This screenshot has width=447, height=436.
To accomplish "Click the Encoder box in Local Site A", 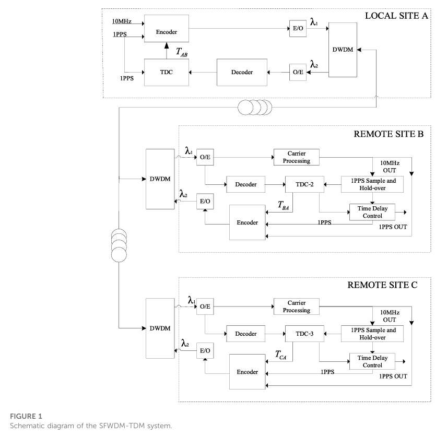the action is pos(167,29).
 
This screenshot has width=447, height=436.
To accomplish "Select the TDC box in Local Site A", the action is pos(167,73).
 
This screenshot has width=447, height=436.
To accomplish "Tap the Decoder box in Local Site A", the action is pos(242,73).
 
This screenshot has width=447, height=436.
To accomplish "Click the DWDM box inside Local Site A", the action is pos(343,50).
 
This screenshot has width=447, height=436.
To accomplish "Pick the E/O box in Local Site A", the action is pos(298,29).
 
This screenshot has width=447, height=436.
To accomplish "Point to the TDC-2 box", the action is pos(304,184).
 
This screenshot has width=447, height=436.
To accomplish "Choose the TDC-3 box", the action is pos(304,334).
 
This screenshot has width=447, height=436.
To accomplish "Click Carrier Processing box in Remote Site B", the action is pos(297,157).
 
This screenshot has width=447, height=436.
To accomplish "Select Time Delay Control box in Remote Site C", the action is pos(372,361).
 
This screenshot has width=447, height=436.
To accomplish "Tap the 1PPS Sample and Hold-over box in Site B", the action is pos(372,184).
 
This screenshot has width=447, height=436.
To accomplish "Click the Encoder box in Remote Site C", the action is pos(247,372).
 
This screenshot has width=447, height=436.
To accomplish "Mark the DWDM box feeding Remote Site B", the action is pos(160,179).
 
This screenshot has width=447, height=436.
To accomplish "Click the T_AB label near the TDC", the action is pos(182,52).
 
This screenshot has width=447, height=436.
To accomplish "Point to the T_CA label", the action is pos(280,355).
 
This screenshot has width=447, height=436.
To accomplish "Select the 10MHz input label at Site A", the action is pos(122,21).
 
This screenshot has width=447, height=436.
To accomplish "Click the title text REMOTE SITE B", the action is pos(389,134).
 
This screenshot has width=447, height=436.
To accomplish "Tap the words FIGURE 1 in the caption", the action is pos(26,416).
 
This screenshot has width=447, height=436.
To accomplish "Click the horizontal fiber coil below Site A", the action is pos(255,108).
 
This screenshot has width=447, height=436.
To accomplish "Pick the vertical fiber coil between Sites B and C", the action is pos(119,245).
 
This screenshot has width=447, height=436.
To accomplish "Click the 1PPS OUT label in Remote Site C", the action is pos(393,376).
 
